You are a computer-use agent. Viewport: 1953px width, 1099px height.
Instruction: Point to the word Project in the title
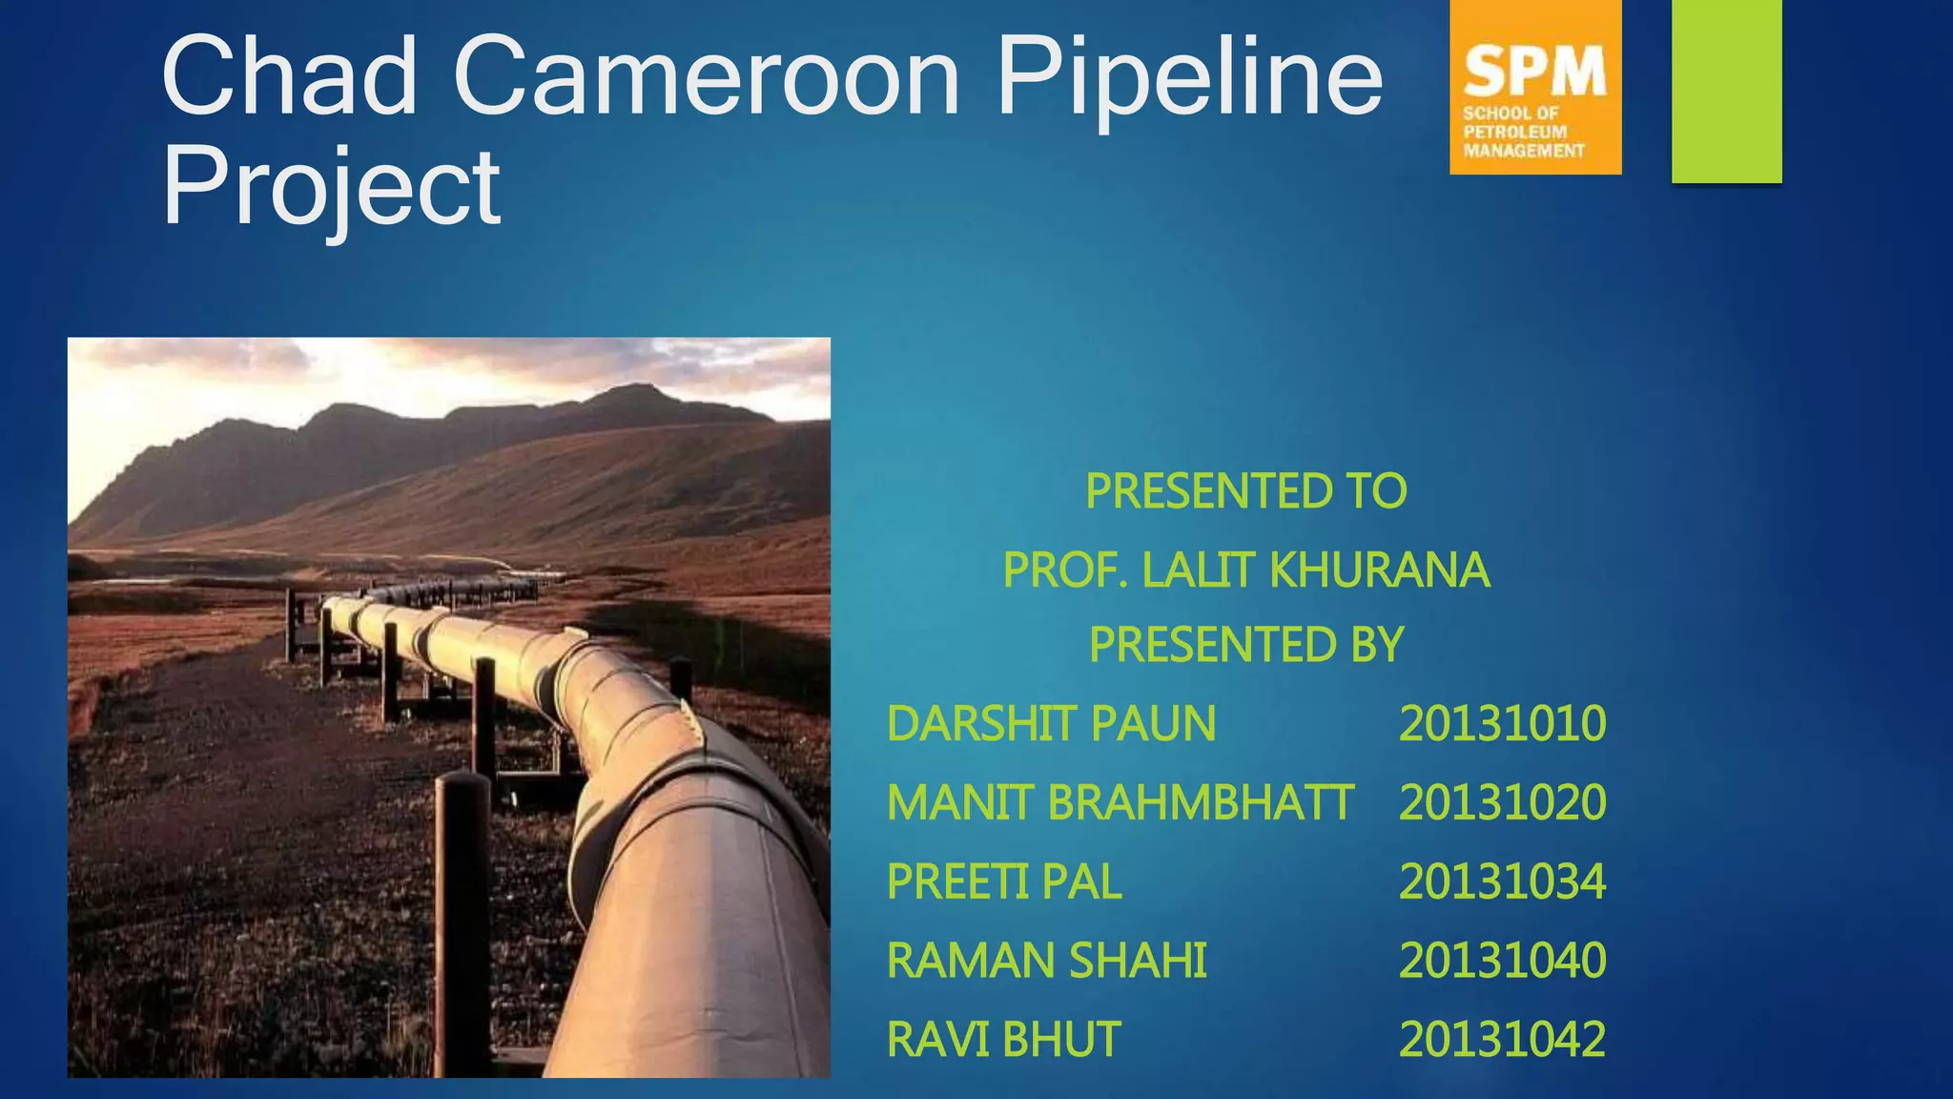(x=331, y=188)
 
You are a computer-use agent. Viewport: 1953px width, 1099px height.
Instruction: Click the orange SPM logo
(x=1534, y=88)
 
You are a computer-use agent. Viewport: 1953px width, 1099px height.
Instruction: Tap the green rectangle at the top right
(x=1726, y=91)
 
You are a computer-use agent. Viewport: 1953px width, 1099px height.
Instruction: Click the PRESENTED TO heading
(x=1245, y=491)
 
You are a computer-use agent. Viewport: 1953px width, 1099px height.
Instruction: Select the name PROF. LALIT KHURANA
(x=1245, y=570)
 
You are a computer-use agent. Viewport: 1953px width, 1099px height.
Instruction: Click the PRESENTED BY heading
(x=1245, y=645)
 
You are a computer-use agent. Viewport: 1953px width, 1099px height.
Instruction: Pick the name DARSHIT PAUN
(x=1051, y=724)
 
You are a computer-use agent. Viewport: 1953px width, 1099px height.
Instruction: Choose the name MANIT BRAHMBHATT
(x=1120, y=802)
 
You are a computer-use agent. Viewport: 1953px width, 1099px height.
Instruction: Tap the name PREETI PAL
(x=1003, y=881)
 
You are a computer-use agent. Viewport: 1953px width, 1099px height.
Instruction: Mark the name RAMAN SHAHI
(x=1046, y=961)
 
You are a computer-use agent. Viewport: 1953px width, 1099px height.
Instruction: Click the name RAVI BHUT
(x=1003, y=1040)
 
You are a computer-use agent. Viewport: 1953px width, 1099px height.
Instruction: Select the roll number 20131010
(x=1502, y=724)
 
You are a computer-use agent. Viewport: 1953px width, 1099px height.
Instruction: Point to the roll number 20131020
(x=1502, y=802)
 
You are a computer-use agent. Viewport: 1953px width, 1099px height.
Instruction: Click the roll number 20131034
(x=1502, y=881)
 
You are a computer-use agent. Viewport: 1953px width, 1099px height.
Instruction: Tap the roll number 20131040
(x=1502, y=961)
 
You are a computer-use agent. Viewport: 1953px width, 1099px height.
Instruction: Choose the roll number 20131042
(x=1502, y=1040)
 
